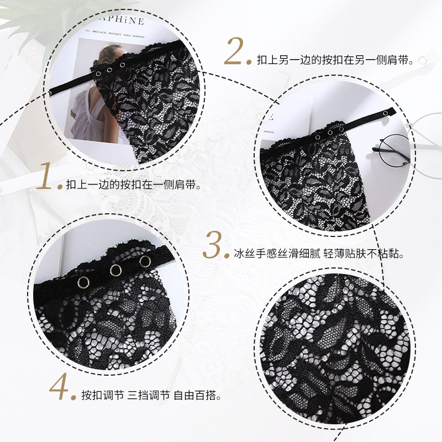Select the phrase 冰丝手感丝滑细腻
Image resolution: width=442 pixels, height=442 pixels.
[x=277, y=254]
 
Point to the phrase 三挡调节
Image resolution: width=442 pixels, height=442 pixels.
[x=149, y=395]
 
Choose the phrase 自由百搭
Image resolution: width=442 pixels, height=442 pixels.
[x=195, y=395]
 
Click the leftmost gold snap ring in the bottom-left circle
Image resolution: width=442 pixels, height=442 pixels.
[x=83, y=282]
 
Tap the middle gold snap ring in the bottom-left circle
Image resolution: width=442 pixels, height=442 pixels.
[x=116, y=270]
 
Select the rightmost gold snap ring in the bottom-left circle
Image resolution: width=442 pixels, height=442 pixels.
[x=145, y=261]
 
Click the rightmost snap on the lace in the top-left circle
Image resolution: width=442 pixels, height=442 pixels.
[x=122, y=65]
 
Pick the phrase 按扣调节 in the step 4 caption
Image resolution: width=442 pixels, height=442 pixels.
[x=103, y=395]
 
